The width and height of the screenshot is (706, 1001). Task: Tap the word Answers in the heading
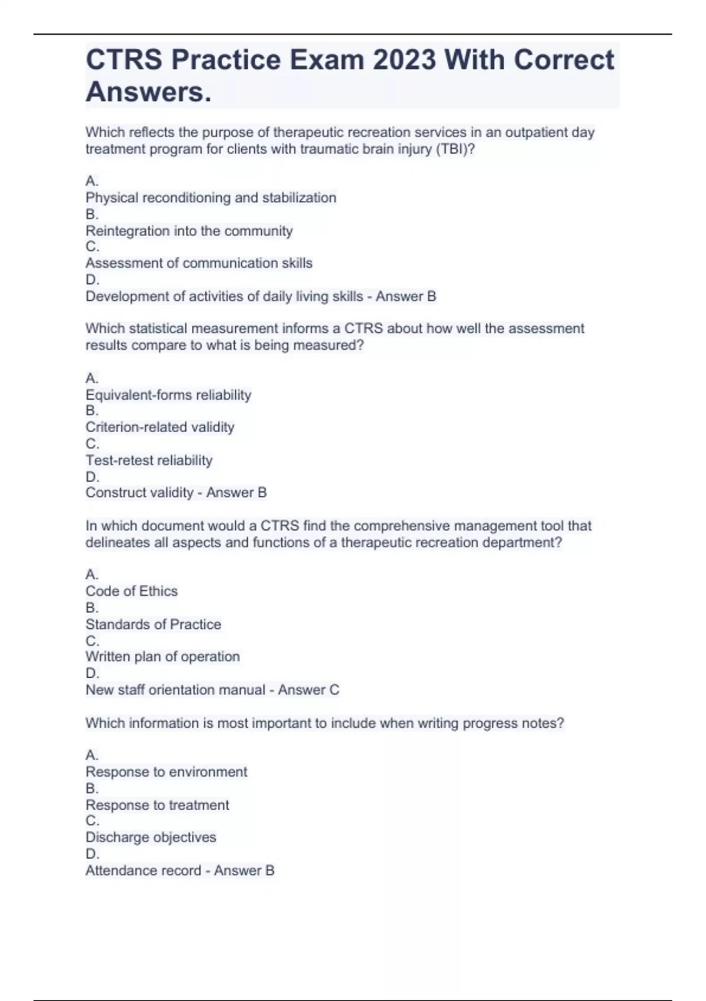(x=148, y=92)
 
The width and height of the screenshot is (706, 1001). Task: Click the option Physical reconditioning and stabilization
(x=211, y=198)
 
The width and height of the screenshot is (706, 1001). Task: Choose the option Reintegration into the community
(x=189, y=231)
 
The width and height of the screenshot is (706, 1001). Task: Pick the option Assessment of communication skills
(x=199, y=263)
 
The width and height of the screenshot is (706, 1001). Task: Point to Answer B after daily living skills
(x=406, y=296)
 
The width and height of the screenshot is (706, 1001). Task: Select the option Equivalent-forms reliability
(x=168, y=395)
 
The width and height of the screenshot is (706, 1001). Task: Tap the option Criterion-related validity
(x=159, y=427)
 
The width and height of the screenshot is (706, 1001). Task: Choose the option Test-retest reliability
(x=149, y=460)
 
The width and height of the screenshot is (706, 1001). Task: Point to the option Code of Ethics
(x=131, y=591)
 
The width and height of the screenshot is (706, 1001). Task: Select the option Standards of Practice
(x=153, y=624)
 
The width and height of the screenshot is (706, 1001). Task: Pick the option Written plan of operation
(x=162, y=657)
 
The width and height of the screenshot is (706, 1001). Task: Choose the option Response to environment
(x=166, y=772)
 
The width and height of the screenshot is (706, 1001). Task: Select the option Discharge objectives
(x=151, y=837)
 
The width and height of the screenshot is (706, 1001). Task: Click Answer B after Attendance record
(x=244, y=870)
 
